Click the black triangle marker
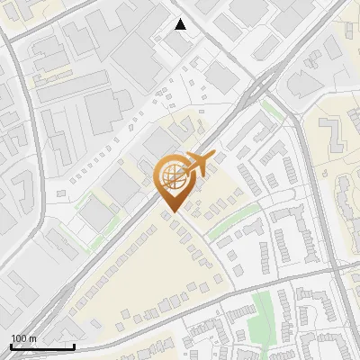coord(181,24)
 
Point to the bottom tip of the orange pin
coord(170,212)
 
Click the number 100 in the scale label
coord(18,339)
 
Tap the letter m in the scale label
coord(31,339)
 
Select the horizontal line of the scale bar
coord(42,346)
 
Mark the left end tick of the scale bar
coord(11,345)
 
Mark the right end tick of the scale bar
coord(74,345)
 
